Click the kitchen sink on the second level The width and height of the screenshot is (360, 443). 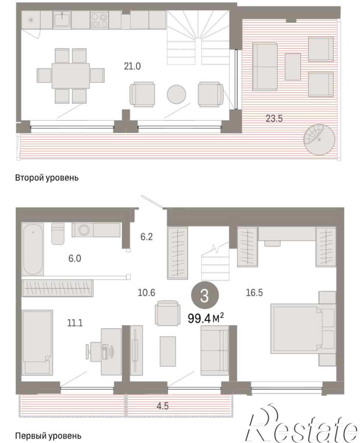[x=62, y=20]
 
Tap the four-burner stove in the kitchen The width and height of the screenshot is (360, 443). [x=99, y=20]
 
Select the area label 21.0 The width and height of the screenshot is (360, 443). [x=132, y=66]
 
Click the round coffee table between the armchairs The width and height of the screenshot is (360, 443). [x=176, y=94]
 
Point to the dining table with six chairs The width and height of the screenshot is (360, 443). [x=71, y=76]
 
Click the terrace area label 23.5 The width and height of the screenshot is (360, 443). [x=274, y=119]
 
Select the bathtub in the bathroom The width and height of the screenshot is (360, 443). [x=33, y=249]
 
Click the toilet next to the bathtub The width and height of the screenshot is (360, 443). [x=58, y=234]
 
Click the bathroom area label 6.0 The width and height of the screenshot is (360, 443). [x=75, y=258]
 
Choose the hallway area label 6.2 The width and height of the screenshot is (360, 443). [x=147, y=237]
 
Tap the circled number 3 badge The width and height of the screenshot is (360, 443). [x=205, y=295]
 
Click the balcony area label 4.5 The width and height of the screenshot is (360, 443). [x=162, y=406]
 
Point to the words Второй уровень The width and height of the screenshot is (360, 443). [x=47, y=178]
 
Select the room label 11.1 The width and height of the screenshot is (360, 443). [x=75, y=323]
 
